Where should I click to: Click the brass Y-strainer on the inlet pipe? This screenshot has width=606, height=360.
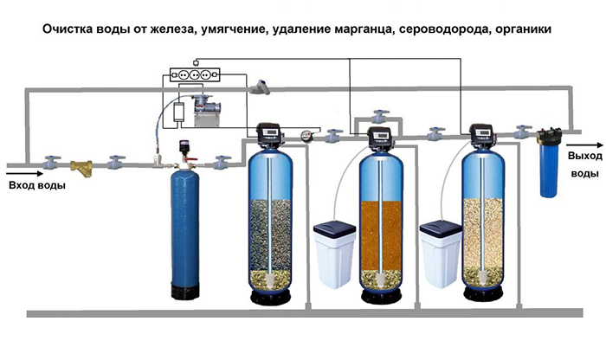(x=82, y=167)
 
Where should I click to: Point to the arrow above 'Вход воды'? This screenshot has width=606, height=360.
(x=25, y=174)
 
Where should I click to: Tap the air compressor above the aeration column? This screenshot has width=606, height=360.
(x=206, y=110)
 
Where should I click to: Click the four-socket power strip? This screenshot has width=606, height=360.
(x=195, y=74)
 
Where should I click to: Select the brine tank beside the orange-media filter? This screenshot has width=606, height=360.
(x=334, y=254)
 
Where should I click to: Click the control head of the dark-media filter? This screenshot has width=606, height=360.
(x=270, y=135)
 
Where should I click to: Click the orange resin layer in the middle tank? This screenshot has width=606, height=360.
(x=381, y=235)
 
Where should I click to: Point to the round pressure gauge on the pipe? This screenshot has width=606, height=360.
(x=306, y=136)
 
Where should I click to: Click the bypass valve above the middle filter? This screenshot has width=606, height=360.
(x=380, y=116)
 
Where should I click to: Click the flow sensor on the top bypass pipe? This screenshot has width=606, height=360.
(x=260, y=87)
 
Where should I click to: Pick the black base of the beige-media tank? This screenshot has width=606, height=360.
(x=483, y=293)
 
